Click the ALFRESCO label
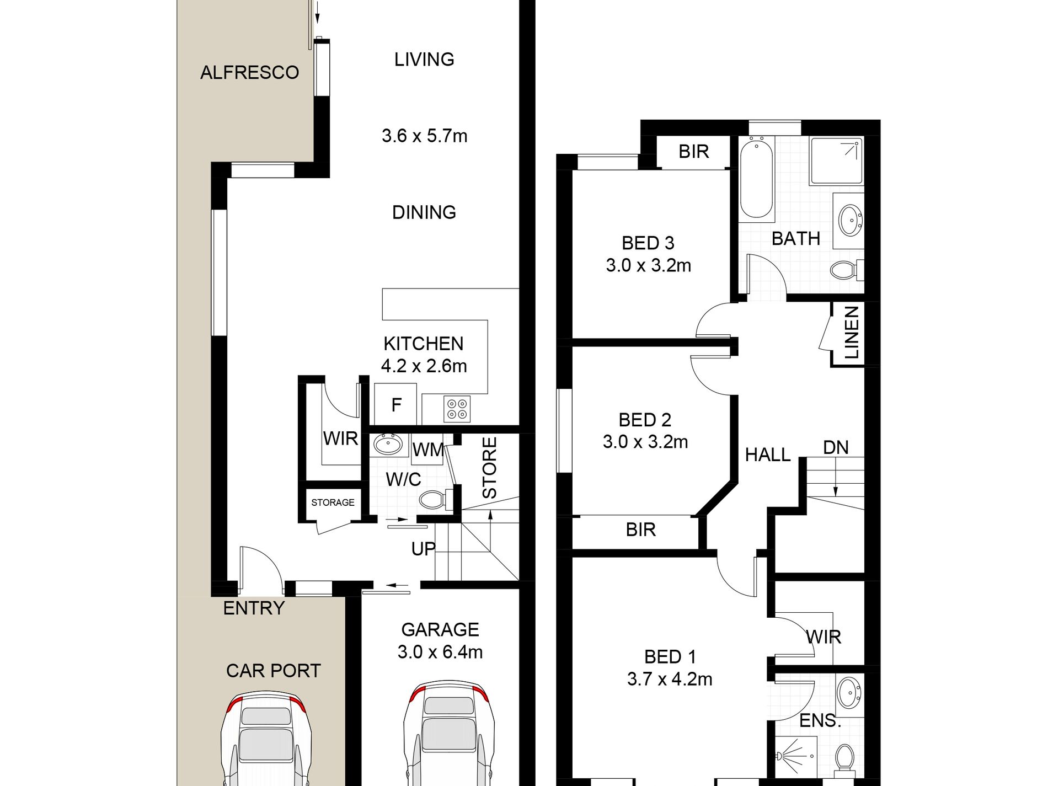[x=249, y=72]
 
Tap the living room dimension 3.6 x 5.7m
[x=424, y=136]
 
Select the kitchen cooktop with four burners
[x=457, y=409]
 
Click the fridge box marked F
[x=395, y=404]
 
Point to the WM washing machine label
[x=428, y=450]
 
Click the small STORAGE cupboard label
[x=333, y=502]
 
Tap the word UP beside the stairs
[x=423, y=549]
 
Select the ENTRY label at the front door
[x=254, y=608]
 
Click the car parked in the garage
[x=448, y=733]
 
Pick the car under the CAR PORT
[x=266, y=739]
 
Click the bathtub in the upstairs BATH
[x=756, y=179]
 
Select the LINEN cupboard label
[x=852, y=333]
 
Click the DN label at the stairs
[x=836, y=447]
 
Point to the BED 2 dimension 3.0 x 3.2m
[x=645, y=442]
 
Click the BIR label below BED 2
[x=640, y=530]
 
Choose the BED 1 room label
[x=670, y=657]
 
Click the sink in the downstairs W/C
[x=388, y=444]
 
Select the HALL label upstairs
[x=768, y=455]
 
